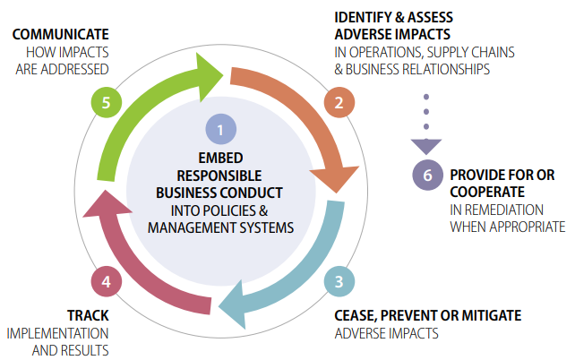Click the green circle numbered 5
coord(107,102)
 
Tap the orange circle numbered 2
coord(339,102)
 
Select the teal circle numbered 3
coord(339,281)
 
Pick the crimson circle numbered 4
coord(107,281)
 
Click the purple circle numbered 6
coord(427,175)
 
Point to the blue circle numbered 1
coord(220,130)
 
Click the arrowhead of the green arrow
coord(209,77)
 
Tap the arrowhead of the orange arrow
coord(334,178)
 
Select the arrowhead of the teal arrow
coord(232,305)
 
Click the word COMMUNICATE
coord(61,34)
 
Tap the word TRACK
coord(88,315)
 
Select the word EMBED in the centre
coord(220,158)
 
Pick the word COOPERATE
coord(487,193)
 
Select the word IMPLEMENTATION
coord(57,334)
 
